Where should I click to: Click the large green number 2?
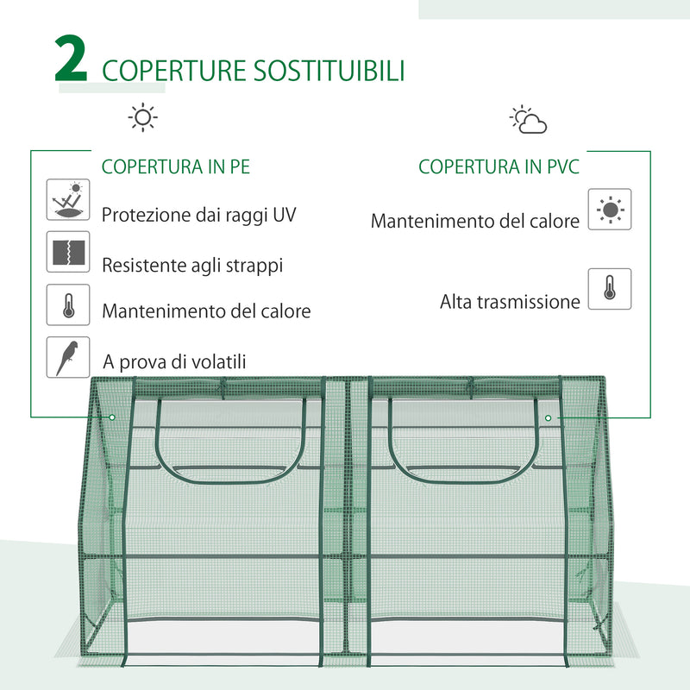[x=72, y=60]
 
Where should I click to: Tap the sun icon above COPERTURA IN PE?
[x=142, y=117]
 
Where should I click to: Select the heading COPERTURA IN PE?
[x=176, y=166]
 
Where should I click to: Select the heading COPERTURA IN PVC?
[x=499, y=166]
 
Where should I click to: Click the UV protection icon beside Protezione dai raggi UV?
[x=67, y=200]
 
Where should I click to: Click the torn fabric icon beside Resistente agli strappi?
[x=67, y=252]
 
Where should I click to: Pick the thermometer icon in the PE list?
[x=67, y=305]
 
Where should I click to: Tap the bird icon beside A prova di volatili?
[x=67, y=357]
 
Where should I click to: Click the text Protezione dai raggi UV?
[x=199, y=215]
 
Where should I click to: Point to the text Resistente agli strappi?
[x=192, y=266]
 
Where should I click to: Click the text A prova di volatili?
[x=173, y=362]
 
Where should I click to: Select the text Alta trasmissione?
[x=510, y=302]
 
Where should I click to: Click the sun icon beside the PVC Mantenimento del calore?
[x=610, y=210]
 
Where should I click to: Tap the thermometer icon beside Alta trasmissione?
[x=610, y=289]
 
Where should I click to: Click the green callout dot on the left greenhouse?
[x=112, y=417]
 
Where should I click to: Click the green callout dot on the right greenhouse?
[x=548, y=417]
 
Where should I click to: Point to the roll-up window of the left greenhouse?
[x=228, y=440]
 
